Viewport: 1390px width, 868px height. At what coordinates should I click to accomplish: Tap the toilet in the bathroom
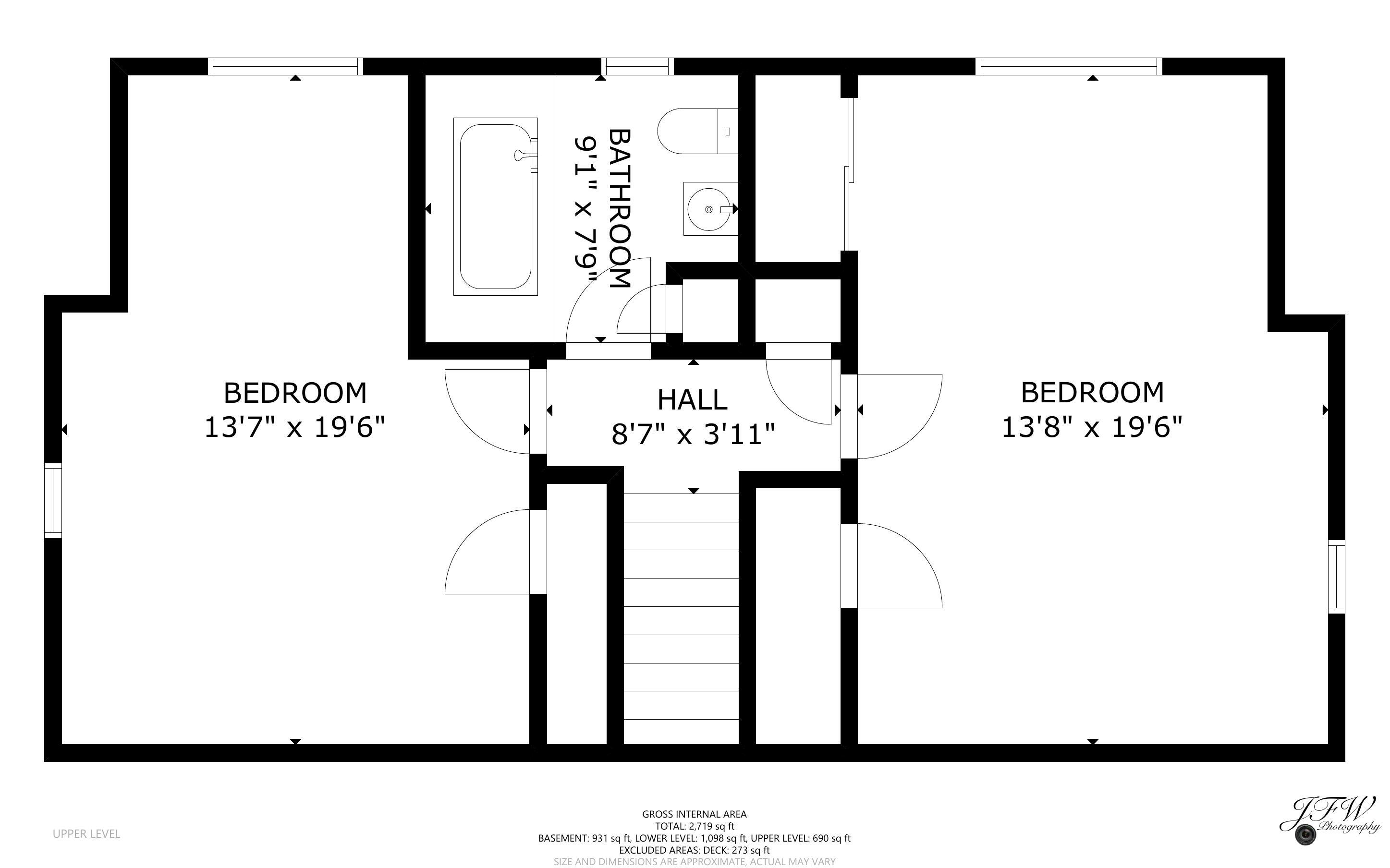pyautogui.click(x=697, y=132)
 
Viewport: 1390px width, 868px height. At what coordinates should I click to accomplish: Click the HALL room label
pyautogui.click(x=693, y=399)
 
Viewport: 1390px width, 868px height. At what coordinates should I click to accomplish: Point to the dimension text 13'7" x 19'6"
pyautogui.click(x=294, y=428)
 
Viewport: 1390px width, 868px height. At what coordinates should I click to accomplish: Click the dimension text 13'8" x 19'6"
pyautogui.click(x=1092, y=427)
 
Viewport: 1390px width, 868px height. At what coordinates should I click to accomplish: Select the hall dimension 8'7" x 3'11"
pyautogui.click(x=693, y=434)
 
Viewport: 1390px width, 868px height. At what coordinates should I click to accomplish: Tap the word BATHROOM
pyautogui.click(x=620, y=208)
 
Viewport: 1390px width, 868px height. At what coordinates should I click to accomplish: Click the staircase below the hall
pyautogui.click(x=681, y=618)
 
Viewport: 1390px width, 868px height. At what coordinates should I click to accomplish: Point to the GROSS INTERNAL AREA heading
pyautogui.click(x=694, y=814)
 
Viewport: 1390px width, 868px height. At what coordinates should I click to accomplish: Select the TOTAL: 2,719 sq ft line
pyautogui.click(x=694, y=826)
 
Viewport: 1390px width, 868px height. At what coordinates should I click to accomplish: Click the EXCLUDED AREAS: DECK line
pyautogui.click(x=694, y=850)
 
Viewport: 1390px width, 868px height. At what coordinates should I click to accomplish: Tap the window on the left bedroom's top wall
pyautogui.click(x=285, y=67)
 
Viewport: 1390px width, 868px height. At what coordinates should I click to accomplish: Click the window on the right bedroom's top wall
pyautogui.click(x=1069, y=67)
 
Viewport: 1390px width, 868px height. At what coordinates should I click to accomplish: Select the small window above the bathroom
pyautogui.click(x=637, y=67)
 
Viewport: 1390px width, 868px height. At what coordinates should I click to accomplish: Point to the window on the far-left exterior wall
pyautogui.click(x=53, y=501)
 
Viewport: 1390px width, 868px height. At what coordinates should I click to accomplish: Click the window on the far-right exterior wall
pyautogui.click(x=1337, y=577)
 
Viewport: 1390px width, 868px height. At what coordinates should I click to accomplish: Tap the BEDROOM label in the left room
pyautogui.click(x=294, y=393)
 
